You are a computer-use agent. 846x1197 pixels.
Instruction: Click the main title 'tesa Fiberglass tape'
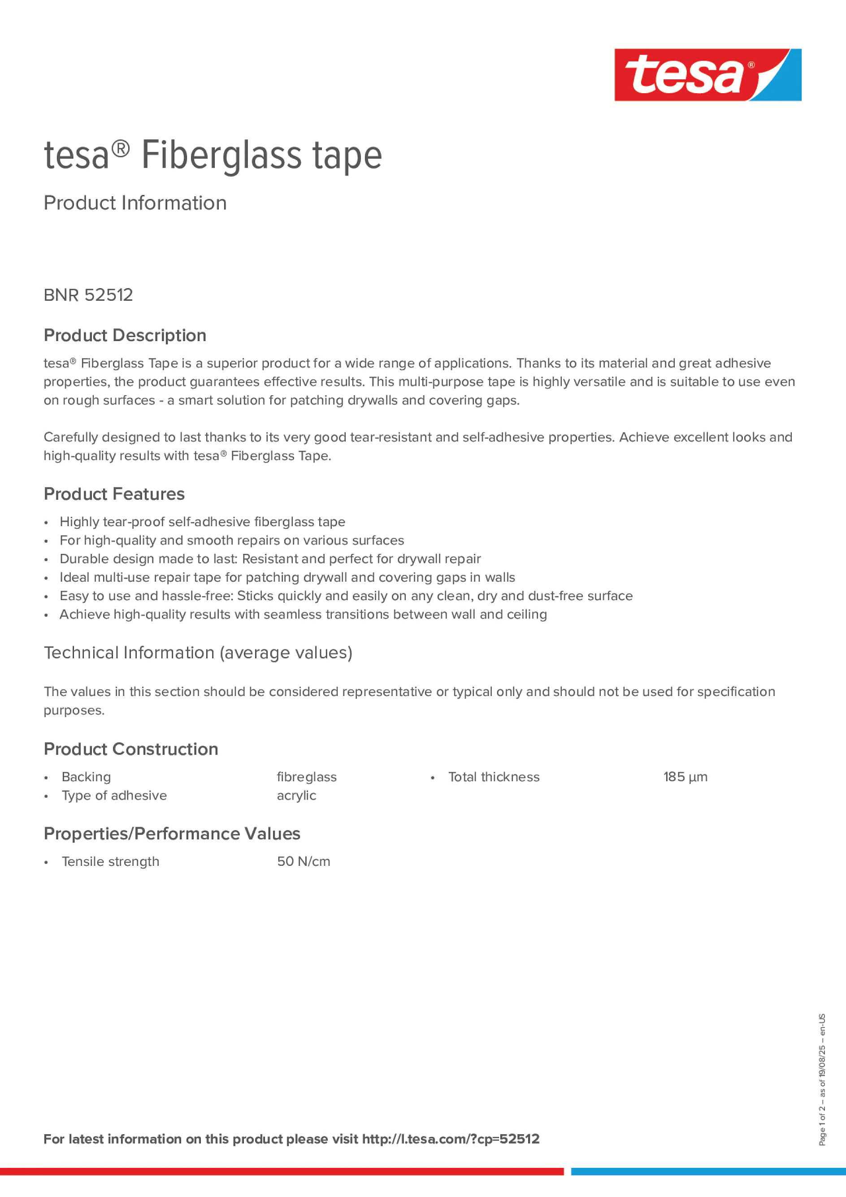(213, 156)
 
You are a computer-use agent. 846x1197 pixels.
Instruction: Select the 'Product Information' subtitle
(135, 203)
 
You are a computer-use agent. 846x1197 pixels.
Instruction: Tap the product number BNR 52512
(88, 295)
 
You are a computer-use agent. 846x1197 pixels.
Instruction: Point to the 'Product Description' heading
(125, 335)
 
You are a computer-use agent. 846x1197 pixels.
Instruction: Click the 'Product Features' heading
(114, 494)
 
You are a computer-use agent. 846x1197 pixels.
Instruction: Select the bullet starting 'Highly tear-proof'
(202, 522)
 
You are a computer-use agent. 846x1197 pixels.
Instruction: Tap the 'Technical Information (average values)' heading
(198, 653)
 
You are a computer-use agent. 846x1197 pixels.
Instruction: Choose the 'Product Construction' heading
(131, 749)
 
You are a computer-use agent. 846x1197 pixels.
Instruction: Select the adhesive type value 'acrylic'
(296, 795)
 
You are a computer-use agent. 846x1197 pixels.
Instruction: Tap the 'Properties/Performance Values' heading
(172, 834)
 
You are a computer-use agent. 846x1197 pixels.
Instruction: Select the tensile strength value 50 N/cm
(304, 861)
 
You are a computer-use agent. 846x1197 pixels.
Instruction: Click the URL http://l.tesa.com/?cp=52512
(451, 1139)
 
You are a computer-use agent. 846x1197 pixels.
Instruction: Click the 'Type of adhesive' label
(114, 795)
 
